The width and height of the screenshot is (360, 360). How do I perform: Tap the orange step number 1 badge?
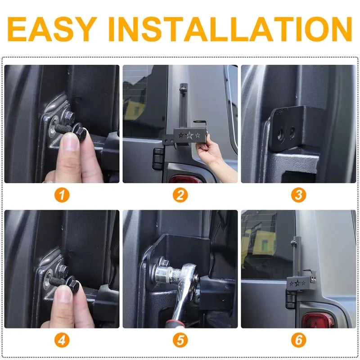tap(62, 195)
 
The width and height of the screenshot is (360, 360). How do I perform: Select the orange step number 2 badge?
tap(180, 195)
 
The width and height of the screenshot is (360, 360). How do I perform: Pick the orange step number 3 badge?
tap(298, 195)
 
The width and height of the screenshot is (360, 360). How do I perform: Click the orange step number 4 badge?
tap(62, 340)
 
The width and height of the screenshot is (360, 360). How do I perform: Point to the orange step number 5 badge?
tap(180, 340)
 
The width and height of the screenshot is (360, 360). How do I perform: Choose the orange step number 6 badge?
tap(298, 340)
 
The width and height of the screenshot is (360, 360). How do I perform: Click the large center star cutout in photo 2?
tap(189, 135)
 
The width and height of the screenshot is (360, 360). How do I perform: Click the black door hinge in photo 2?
tap(157, 159)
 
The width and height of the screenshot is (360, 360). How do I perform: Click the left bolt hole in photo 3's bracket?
tap(281, 134)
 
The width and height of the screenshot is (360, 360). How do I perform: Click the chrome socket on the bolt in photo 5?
tap(165, 273)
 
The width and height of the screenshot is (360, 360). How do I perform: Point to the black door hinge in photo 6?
tap(291, 299)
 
